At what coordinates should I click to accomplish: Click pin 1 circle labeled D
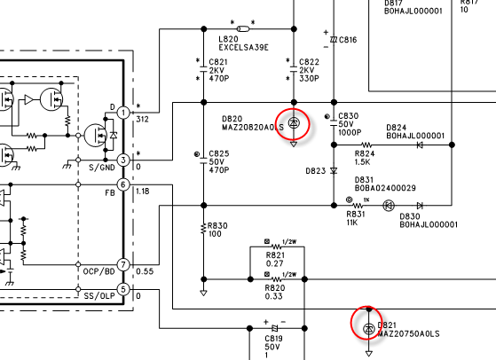[x=123, y=113]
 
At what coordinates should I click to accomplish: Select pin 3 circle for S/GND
[x=123, y=160]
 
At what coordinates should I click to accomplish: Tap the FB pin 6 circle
[x=123, y=184]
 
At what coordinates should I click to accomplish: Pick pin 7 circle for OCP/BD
[x=123, y=264]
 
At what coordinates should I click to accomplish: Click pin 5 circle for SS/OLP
[x=123, y=289]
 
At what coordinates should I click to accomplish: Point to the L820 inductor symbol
[x=243, y=29]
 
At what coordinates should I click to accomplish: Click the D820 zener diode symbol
[x=294, y=122]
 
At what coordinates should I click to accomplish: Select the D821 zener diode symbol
[x=368, y=329]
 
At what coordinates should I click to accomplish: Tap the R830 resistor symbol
[x=204, y=229]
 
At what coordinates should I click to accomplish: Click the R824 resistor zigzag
[x=366, y=145]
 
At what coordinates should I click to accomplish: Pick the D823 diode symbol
[x=334, y=170]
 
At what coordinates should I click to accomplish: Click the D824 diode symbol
[x=420, y=145]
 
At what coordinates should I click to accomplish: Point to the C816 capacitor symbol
[x=334, y=40]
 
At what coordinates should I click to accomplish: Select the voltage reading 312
[x=142, y=120]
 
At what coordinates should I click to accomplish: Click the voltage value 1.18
[x=142, y=192]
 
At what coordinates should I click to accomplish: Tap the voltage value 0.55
[x=145, y=271]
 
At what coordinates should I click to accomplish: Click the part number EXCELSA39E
[x=244, y=48]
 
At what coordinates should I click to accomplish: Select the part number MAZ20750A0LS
[x=408, y=333]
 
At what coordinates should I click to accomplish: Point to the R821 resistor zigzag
[x=277, y=247]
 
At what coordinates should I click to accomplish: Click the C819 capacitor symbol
[x=275, y=328]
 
